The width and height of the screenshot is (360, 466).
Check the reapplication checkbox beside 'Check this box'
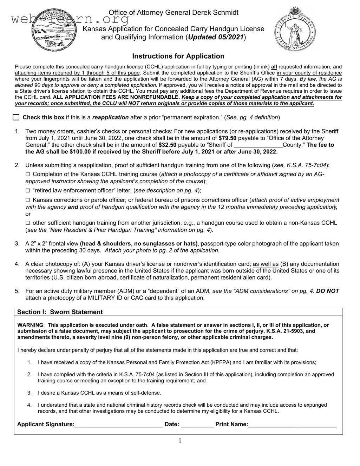coord(16,117)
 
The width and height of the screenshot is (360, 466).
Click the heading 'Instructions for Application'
coord(178,56)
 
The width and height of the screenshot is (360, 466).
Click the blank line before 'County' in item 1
coord(258,145)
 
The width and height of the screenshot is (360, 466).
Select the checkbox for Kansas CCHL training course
coord(28,174)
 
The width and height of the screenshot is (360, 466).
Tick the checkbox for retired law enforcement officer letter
coord(28,190)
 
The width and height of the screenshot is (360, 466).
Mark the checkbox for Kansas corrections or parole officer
coord(28,200)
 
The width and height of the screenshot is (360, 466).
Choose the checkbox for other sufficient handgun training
coord(28,223)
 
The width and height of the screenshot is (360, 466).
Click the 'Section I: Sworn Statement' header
coord(60,312)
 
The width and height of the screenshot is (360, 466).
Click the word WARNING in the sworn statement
coord(30,325)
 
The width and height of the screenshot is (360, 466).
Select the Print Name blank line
coord(292,425)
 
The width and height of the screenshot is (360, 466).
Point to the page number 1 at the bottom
coord(180,441)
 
